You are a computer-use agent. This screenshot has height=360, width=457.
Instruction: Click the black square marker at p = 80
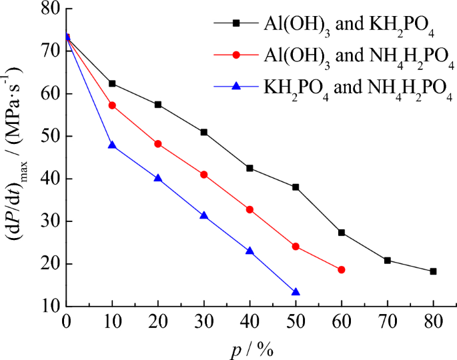(x=433, y=271)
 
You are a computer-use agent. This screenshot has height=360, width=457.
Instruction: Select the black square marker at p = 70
(x=387, y=260)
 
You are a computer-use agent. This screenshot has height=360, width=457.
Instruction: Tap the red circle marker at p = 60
(x=342, y=269)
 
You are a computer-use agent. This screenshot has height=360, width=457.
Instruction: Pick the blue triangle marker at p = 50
(x=296, y=292)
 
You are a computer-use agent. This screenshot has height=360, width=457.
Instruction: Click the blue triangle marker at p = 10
(x=112, y=145)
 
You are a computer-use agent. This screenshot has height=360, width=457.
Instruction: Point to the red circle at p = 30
(x=203, y=175)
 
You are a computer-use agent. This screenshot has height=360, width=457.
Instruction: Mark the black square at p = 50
(x=296, y=187)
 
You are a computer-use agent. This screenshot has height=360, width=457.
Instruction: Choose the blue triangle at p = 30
(x=203, y=215)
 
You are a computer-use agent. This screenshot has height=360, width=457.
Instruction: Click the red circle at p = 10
(x=112, y=105)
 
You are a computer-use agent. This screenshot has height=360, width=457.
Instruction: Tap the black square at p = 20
(x=158, y=105)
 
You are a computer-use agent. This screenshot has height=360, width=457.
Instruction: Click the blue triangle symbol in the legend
(x=236, y=88)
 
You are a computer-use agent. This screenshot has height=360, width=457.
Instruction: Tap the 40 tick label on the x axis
(x=250, y=321)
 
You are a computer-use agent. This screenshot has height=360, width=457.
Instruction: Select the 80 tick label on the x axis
(x=433, y=321)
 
